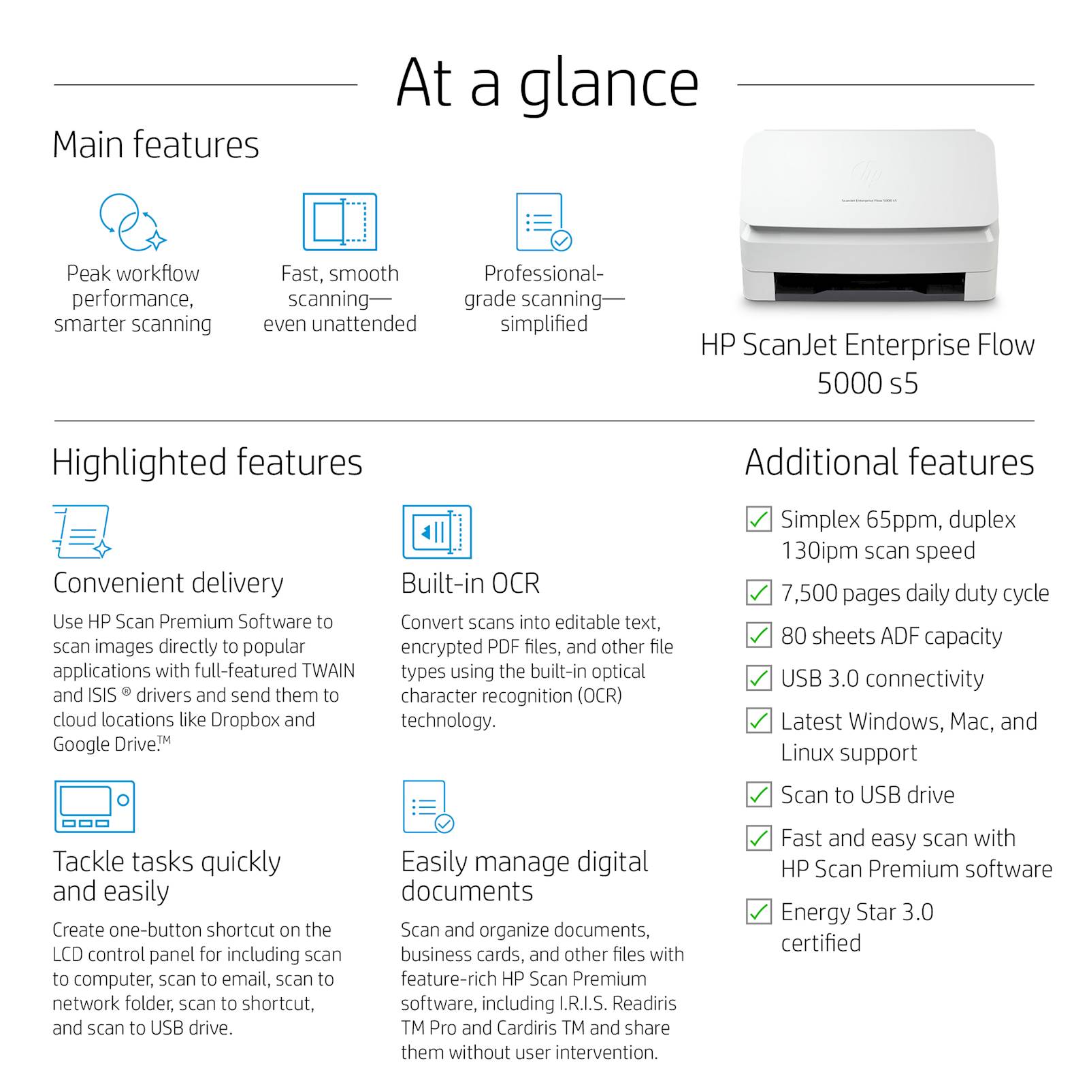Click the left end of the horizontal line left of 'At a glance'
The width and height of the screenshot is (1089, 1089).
click(54, 85)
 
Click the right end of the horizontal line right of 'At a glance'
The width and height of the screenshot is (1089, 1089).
click(1034, 85)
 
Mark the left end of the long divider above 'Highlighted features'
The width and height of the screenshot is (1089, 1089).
click(54, 421)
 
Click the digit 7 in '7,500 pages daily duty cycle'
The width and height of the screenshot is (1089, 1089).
click(787, 594)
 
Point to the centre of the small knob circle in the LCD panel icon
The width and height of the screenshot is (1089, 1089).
click(123, 800)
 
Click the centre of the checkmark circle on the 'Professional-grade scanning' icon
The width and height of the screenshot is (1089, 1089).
click(561, 240)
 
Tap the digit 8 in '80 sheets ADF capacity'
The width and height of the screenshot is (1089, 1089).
click(788, 636)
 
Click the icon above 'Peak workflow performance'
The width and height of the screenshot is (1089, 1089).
click(133, 222)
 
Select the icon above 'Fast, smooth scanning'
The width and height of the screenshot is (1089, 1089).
click(340, 222)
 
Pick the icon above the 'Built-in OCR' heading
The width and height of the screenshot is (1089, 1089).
click(436, 532)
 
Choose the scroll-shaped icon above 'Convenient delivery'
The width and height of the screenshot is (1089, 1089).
click(82, 532)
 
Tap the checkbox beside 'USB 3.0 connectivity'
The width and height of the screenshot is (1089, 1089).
click(759, 679)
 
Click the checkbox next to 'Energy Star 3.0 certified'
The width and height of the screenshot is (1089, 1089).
click(759, 912)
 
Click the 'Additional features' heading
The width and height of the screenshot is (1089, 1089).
click(890, 462)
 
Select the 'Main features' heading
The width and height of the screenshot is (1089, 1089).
click(156, 145)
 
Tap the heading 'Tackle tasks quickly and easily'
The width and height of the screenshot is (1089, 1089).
click(167, 877)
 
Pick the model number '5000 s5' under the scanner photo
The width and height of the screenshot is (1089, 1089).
click(868, 383)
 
